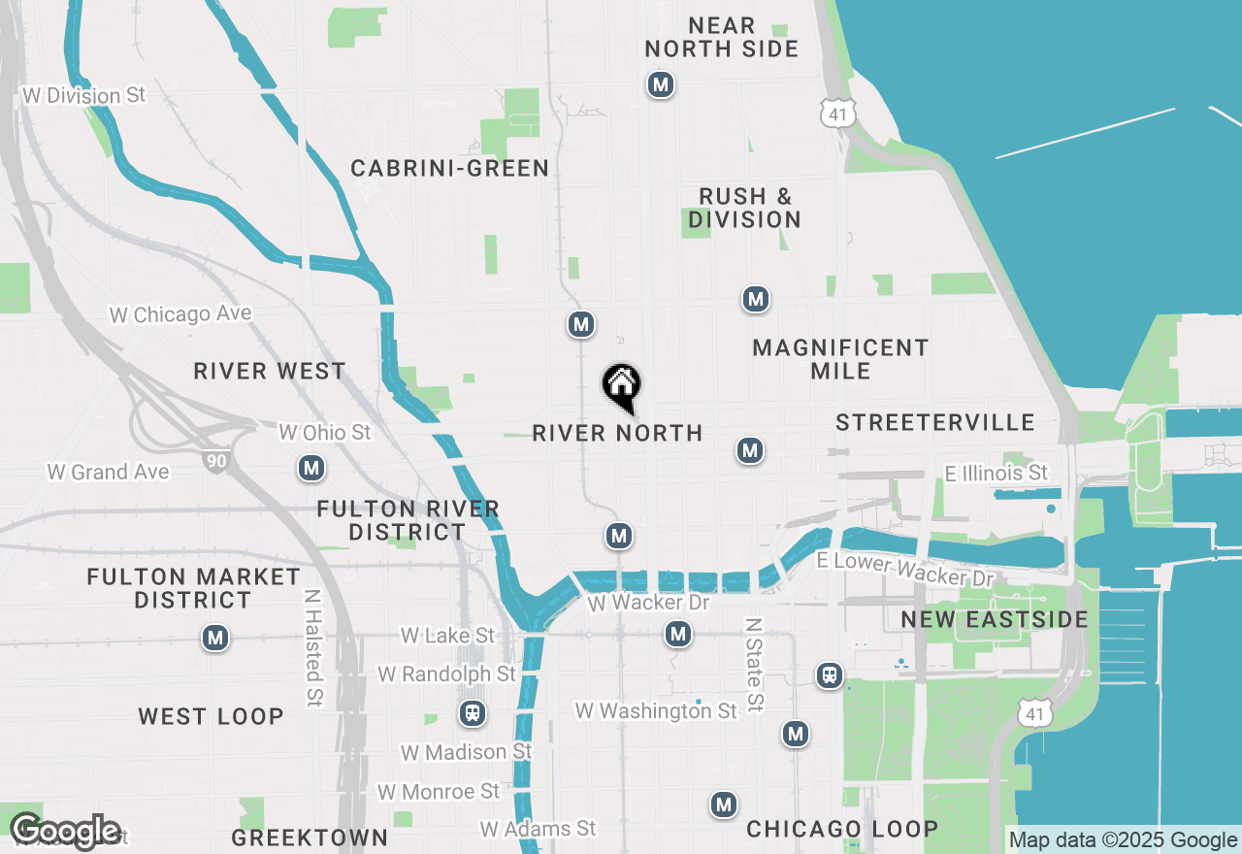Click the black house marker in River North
coord(621,385)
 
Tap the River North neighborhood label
coord(617,433)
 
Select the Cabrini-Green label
coord(450,169)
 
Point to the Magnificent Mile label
coord(840,359)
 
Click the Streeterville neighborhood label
coord(935,423)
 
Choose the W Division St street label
coord(84,95)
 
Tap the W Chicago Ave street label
coord(180,314)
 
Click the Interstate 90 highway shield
coord(216,460)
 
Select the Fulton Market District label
coord(193,588)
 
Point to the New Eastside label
coord(995,620)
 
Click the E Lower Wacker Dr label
coord(905,570)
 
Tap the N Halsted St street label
coord(312,648)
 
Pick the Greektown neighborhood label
coord(310,838)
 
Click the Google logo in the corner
coord(66,832)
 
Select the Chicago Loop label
coord(842,829)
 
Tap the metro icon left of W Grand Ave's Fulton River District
coord(311,469)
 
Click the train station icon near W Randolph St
coord(473,714)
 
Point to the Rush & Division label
coord(744,208)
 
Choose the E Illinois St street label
coord(997,473)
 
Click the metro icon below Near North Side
coord(661,85)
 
